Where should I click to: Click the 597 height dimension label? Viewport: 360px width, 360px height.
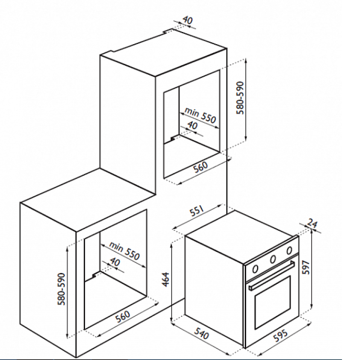point(306,267)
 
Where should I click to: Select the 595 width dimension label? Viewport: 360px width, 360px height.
point(280,336)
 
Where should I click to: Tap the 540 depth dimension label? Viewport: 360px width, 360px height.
point(202,333)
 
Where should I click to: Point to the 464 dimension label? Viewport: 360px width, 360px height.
point(165,279)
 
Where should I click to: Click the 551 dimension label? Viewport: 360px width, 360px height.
point(197,211)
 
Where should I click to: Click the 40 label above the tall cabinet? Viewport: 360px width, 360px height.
point(188,20)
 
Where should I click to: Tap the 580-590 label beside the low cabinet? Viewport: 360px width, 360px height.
point(61,289)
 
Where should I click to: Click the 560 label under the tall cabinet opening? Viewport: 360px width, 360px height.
point(200,167)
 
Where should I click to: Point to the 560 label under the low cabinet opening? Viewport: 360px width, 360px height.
point(122,317)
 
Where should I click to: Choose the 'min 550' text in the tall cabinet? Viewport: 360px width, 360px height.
point(200,115)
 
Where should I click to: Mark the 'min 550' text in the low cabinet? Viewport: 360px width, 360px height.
point(124,251)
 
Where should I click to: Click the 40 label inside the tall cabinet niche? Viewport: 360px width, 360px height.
point(193,125)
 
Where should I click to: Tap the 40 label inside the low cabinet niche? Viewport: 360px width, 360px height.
point(115,261)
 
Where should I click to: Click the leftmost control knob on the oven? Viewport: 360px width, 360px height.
point(255,269)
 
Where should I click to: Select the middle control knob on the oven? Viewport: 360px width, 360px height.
point(273,260)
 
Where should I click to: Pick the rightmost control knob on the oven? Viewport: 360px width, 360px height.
point(289,250)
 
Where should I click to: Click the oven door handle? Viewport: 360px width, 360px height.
point(272,275)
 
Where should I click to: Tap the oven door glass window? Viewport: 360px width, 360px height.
point(272,302)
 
